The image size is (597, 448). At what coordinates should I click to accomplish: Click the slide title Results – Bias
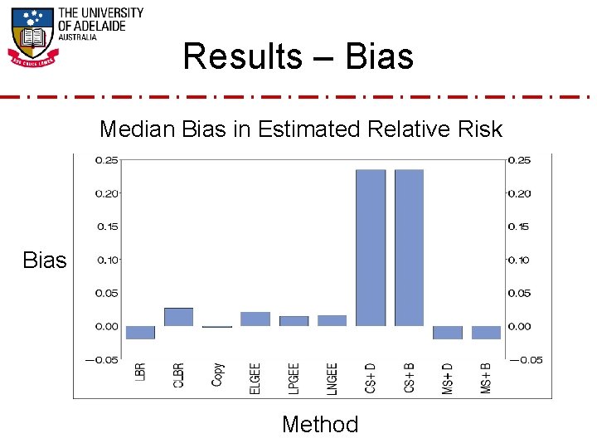pos(298,56)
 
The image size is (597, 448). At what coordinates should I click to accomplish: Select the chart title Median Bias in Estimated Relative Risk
pos(300,129)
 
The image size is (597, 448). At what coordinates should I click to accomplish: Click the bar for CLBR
pos(178,317)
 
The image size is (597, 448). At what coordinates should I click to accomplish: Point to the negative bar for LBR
pos(140,333)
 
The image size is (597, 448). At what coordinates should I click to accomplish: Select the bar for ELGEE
pos(255,319)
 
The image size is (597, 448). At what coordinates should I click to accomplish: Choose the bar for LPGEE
pos(294,321)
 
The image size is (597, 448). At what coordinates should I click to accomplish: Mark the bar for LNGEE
pos(332,320)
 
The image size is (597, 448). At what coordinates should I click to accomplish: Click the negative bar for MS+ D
pos(448,333)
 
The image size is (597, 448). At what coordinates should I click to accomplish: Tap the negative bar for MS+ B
pos(486,333)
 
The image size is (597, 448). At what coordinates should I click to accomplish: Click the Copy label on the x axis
pos(217,375)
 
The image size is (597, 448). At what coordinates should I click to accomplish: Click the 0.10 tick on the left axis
pos(107,260)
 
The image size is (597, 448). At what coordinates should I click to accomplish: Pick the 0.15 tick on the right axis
pos(519,226)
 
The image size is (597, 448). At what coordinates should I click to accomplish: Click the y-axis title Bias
pos(45,261)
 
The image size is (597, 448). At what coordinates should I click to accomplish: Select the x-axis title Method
pos(320,425)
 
